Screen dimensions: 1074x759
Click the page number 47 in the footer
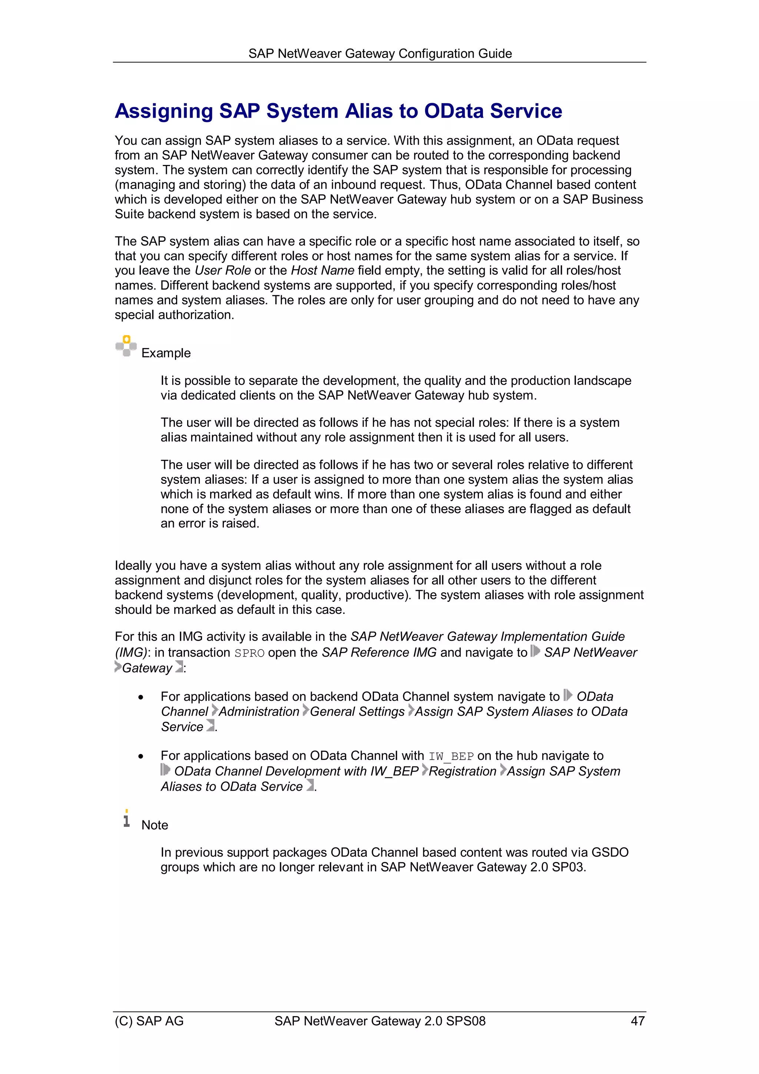click(x=637, y=1021)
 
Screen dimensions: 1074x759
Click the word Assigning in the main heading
click(x=164, y=111)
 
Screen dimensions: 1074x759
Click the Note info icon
click(x=126, y=819)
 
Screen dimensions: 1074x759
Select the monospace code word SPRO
click(x=249, y=653)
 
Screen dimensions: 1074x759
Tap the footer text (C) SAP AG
click(x=149, y=1021)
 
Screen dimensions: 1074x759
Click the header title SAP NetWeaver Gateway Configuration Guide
click(x=380, y=54)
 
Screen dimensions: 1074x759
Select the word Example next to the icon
click(x=166, y=353)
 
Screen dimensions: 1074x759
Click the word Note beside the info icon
click(x=155, y=825)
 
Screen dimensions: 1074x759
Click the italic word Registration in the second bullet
click(x=462, y=771)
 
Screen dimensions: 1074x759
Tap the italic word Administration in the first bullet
click(x=259, y=711)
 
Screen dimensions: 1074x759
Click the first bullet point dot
click(x=141, y=697)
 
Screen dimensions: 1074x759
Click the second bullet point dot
click(x=141, y=756)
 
